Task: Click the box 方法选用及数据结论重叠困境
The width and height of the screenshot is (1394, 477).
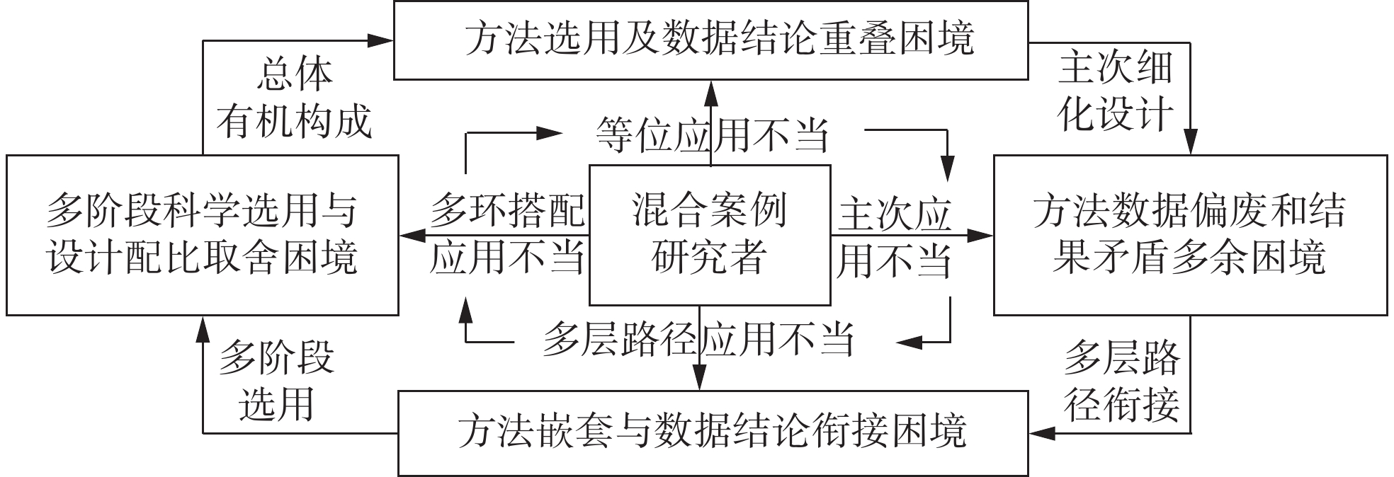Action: (710, 40)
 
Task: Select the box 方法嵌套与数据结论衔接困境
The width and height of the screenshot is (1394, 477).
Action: (713, 432)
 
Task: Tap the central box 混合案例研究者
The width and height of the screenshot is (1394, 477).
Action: (710, 234)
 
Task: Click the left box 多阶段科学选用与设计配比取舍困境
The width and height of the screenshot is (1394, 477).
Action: (202, 234)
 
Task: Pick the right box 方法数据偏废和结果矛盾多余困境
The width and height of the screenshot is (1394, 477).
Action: (1190, 234)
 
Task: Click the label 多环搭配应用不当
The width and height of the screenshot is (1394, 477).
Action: (507, 234)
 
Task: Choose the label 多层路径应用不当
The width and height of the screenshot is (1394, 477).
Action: (698, 340)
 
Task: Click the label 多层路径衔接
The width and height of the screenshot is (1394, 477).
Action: (1121, 382)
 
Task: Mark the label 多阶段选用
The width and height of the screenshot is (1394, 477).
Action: (276, 382)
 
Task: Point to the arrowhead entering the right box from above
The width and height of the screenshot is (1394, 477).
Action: (1190, 144)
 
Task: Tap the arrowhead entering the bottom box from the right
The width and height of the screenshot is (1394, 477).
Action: (1040, 432)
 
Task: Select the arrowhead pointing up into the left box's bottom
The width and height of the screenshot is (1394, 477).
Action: (203, 326)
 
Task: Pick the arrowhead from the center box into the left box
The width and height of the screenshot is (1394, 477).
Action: (411, 235)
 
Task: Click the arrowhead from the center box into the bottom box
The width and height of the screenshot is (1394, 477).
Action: (700, 379)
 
